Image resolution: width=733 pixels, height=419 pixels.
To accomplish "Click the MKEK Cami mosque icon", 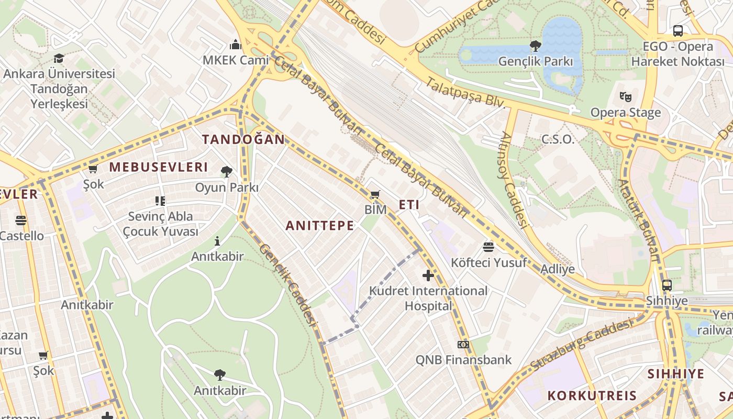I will point(236,44).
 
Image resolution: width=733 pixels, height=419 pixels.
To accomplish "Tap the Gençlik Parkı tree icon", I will point(535,46).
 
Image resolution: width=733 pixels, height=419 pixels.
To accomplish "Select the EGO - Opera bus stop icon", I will point(678,31).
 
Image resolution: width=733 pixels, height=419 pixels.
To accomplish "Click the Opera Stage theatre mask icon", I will point(625,97).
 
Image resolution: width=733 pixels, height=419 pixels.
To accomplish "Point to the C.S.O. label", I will point(558,139).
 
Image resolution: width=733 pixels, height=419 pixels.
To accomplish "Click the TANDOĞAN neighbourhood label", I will point(243,139).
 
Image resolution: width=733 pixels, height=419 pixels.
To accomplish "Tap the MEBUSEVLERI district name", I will point(159,168).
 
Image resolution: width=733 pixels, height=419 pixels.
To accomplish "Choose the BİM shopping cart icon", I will point(375,195).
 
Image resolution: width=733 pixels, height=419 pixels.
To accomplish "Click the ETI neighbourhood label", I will point(409,205).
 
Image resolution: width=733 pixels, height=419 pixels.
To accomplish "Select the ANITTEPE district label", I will point(320,226).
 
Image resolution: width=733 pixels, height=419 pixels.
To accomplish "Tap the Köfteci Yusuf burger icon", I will point(488,247).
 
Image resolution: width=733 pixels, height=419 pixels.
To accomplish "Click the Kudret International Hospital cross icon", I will point(428,275).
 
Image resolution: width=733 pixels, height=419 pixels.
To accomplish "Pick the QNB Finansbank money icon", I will point(463,345).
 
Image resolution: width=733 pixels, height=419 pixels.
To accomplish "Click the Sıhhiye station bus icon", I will point(667,285).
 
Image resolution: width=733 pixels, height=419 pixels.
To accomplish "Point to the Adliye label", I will point(557,269).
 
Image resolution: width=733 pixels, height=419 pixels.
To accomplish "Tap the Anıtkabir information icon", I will point(217,241).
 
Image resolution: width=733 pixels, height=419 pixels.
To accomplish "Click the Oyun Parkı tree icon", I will point(227,171).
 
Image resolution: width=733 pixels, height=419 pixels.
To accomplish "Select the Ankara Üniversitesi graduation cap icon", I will point(59,58).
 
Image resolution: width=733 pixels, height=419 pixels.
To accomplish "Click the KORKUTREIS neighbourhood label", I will point(592,395).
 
